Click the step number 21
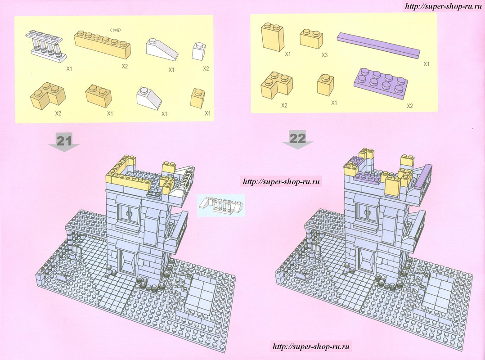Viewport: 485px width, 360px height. point(64,140)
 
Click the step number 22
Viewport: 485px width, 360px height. point(297,138)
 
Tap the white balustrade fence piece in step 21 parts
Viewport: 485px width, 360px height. point(46,45)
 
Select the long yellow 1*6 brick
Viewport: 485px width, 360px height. point(103,45)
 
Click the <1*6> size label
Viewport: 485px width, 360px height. point(116,30)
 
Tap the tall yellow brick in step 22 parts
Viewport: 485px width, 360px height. point(273,37)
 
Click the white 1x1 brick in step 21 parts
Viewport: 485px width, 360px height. point(198,51)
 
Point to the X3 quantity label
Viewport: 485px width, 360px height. point(324,55)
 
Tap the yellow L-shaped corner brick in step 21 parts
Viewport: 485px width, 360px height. point(48,95)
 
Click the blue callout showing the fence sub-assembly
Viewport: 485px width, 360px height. point(221,205)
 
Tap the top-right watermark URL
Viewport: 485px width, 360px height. point(443,6)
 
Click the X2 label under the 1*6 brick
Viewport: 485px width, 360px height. point(125,66)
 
